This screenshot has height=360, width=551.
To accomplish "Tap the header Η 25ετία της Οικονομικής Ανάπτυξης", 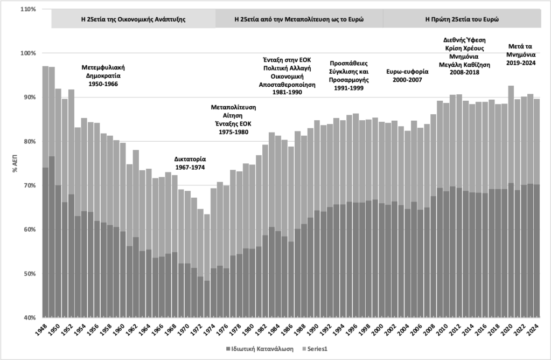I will tap(134, 18).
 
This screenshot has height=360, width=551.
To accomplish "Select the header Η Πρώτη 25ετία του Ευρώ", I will tap(462, 18).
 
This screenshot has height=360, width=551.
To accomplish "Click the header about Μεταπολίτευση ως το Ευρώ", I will tap(299, 18).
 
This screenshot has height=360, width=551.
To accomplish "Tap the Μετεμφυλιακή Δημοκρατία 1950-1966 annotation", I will tap(103, 76).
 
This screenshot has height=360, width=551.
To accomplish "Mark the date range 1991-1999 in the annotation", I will tap(348, 88).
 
